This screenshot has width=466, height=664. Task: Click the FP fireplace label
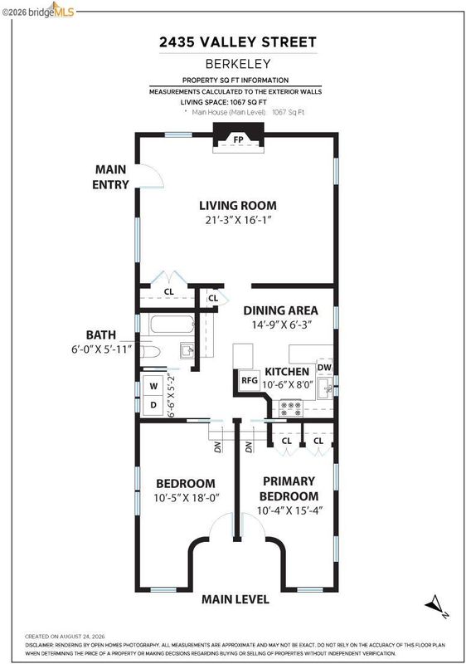tap(238, 139)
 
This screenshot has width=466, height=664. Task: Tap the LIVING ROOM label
tap(238, 206)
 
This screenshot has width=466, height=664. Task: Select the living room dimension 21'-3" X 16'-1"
tap(238, 220)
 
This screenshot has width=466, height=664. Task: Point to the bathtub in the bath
tap(172, 325)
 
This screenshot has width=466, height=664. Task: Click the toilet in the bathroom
tap(150, 352)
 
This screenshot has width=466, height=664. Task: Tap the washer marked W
tap(153, 386)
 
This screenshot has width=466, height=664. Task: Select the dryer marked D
tap(153, 405)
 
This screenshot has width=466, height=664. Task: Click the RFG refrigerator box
tap(250, 380)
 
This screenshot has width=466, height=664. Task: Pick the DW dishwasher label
tap(324, 367)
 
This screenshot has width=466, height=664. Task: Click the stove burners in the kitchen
tap(291, 408)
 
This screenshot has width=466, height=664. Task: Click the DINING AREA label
tap(280, 310)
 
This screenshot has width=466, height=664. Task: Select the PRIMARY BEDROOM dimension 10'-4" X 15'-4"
tap(289, 510)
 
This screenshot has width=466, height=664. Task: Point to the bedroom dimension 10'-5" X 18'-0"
tap(187, 498)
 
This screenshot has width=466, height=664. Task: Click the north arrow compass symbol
tap(435, 606)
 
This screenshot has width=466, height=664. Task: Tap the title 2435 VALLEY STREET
tap(238, 42)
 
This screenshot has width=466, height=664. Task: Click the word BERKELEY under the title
tap(238, 64)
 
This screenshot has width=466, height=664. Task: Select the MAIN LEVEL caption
tap(235, 599)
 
